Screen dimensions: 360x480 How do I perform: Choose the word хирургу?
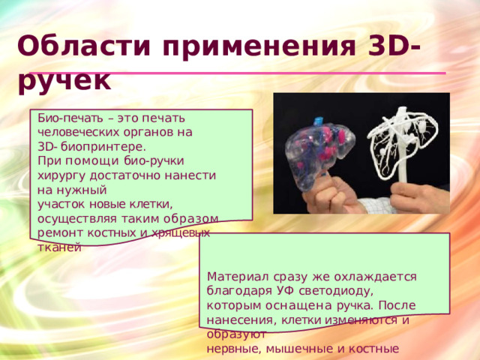click(61, 175)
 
